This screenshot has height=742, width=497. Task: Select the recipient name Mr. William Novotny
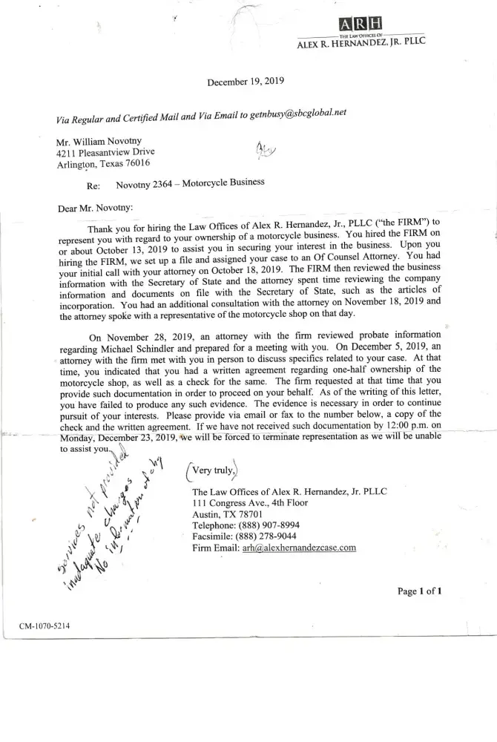click(x=102, y=141)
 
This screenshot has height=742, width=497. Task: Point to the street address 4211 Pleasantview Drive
click(x=105, y=152)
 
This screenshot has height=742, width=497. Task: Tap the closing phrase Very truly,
click(x=215, y=470)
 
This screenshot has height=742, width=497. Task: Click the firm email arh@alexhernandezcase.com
click(x=289, y=548)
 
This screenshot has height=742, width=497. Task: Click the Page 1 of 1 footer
click(x=420, y=591)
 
